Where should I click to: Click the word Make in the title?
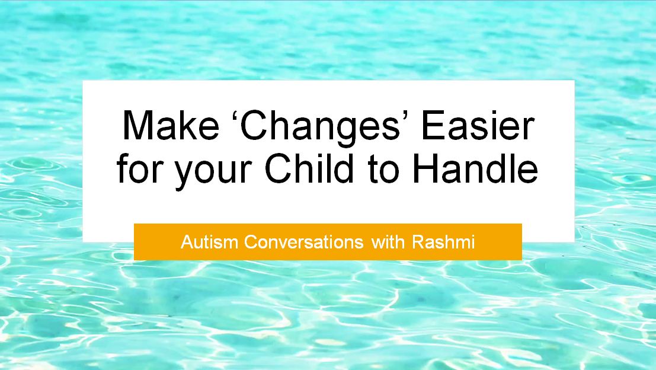point(171,125)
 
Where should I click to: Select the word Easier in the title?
point(478,125)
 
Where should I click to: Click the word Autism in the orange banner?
point(210,242)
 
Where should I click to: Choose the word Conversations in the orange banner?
point(304,242)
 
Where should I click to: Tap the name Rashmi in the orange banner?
point(443,242)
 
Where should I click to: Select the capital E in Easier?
point(432,125)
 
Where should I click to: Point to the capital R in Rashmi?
point(418,242)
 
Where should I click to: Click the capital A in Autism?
point(187,242)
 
